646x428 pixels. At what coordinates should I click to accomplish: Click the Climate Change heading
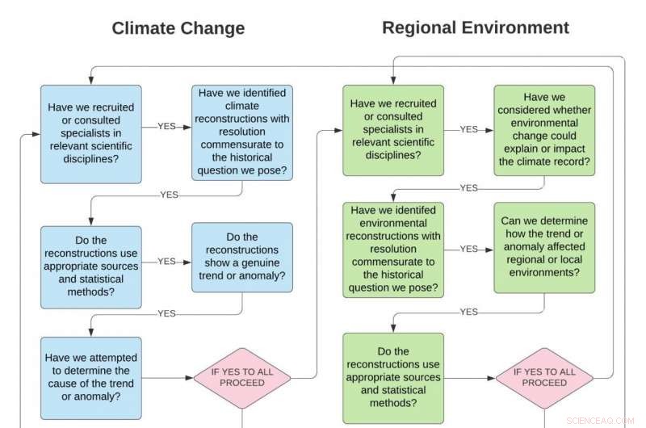click(178, 28)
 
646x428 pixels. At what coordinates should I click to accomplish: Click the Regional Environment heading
click(475, 27)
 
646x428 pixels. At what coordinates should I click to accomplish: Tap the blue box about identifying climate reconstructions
click(242, 133)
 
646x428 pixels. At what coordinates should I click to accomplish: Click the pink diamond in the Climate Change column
click(242, 377)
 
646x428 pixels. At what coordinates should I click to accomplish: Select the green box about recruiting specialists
click(393, 129)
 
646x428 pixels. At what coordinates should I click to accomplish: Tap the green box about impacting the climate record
click(544, 129)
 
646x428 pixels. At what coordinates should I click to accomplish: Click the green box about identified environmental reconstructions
click(393, 250)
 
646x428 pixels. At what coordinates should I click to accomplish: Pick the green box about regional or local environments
click(544, 247)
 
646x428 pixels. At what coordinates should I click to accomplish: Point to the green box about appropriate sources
click(393, 377)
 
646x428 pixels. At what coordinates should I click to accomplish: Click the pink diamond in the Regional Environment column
click(544, 377)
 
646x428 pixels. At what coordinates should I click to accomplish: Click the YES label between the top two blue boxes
click(166, 127)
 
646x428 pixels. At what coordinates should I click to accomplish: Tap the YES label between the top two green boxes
click(468, 129)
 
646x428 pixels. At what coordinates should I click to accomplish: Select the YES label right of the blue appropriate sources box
click(166, 262)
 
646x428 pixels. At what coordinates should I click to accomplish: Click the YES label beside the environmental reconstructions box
click(468, 250)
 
